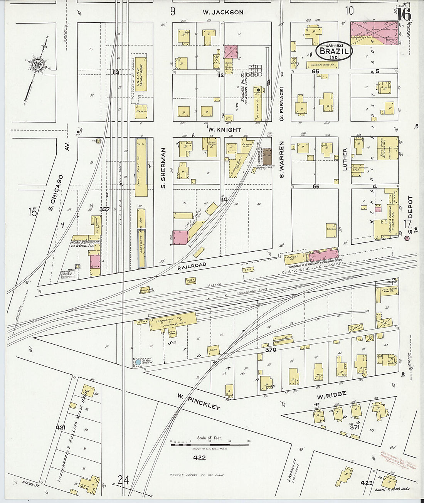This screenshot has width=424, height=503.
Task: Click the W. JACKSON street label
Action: tap(223, 12)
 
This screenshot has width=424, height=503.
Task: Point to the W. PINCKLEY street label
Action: tap(199, 402)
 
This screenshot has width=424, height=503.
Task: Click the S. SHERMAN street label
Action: tap(163, 168)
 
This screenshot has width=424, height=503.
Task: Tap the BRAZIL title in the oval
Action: tap(334, 51)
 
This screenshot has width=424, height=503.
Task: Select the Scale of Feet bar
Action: tap(210, 444)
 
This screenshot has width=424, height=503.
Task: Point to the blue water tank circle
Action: tap(138, 362)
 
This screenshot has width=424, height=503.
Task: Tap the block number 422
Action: tap(200, 458)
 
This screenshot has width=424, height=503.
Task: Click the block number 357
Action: tap(104, 209)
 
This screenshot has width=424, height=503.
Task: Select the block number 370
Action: tap(271, 350)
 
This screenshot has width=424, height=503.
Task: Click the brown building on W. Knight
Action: tap(267, 156)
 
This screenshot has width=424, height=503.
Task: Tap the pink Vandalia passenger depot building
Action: tap(324, 254)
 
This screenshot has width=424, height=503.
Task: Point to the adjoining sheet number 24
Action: tap(123, 480)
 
